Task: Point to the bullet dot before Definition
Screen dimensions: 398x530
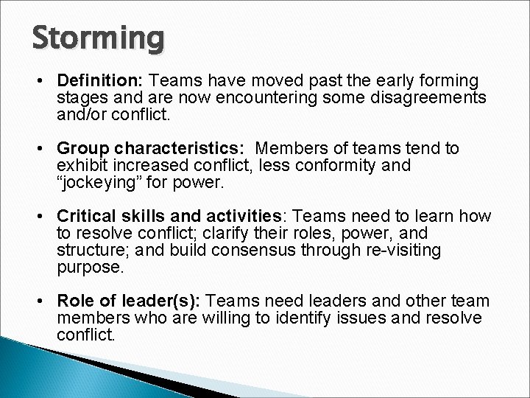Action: (44, 80)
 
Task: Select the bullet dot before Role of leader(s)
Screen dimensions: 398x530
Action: (44, 302)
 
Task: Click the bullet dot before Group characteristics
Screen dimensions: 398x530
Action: (44, 150)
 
